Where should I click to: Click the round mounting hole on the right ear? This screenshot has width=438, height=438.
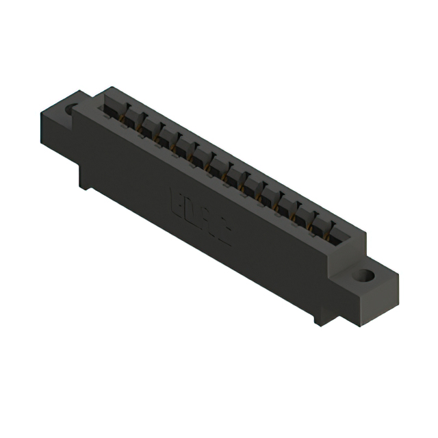click(363, 276)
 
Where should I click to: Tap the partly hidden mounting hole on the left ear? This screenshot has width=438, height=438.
click(71, 109)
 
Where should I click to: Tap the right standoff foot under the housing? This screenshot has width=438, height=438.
click(321, 317)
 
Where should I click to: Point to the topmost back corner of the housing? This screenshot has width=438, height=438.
click(109, 87)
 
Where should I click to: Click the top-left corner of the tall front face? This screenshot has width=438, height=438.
click(75, 109)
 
